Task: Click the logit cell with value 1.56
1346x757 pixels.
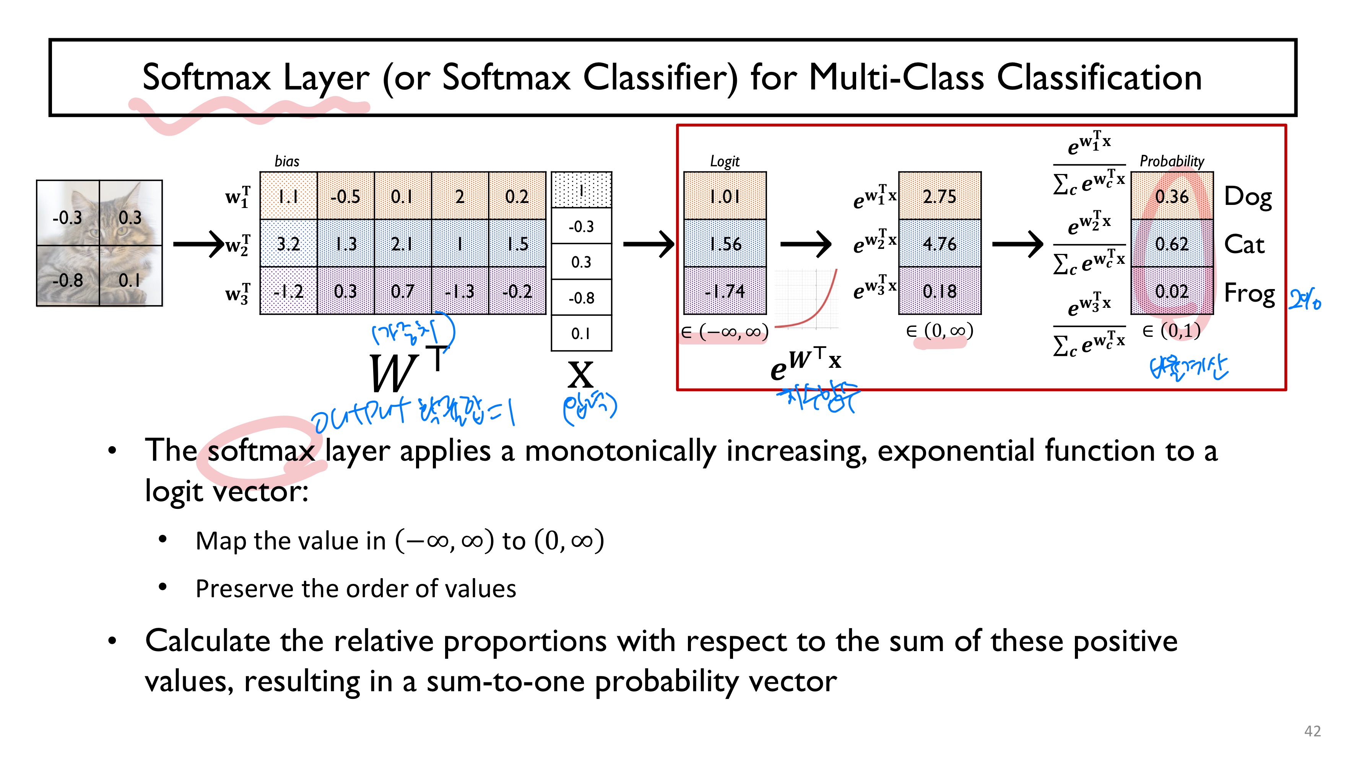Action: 725,244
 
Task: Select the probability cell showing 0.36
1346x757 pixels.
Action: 1172,197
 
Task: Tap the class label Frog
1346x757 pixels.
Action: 1249,292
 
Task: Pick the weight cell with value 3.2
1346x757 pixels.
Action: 288,244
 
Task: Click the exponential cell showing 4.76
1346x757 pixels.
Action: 940,244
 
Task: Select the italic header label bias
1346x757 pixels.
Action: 287,161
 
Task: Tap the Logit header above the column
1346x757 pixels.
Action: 724,161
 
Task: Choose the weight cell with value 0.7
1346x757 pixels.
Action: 402,291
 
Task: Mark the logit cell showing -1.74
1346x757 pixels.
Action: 725,291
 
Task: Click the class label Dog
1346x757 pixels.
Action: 1248,197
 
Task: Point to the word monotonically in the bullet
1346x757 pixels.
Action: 621,451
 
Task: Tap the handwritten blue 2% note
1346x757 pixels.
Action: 1304,301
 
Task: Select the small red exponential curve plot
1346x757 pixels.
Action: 807,299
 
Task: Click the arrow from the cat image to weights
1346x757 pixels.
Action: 198,244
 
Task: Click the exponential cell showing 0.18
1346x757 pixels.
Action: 940,291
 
